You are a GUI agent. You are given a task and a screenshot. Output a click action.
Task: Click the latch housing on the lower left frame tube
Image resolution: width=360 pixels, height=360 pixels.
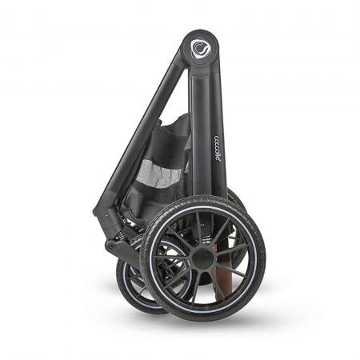pyautogui.click(x=102, y=210)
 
